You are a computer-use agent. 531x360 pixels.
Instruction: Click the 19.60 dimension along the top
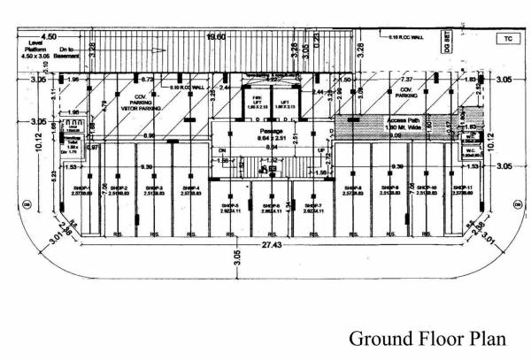coord(217,38)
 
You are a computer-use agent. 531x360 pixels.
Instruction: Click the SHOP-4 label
coord(190,190)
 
